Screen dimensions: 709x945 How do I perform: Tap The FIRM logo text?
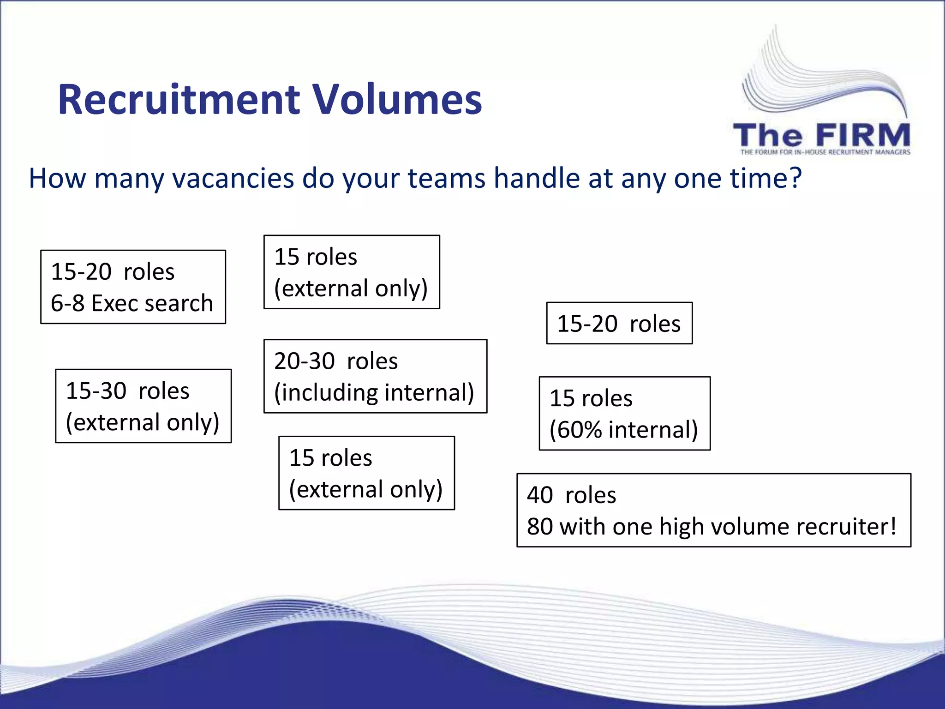pyautogui.click(x=821, y=136)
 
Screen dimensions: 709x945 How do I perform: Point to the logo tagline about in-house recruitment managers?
pyautogui.click(x=825, y=152)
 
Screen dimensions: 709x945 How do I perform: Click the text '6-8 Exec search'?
pyautogui.click(x=132, y=303)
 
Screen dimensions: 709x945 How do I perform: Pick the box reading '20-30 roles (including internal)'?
pyautogui.click(x=375, y=376)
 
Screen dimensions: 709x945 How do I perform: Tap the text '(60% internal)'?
pyautogui.click(x=623, y=430)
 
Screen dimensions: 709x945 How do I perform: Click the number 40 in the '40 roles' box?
pyautogui.click(x=540, y=495)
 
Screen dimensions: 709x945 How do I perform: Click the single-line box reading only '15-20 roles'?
pyautogui.click(x=619, y=324)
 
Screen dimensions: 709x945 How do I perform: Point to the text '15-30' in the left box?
pyautogui.click(x=96, y=391)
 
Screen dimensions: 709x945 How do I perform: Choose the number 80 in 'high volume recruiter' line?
pyautogui.click(x=540, y=527)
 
